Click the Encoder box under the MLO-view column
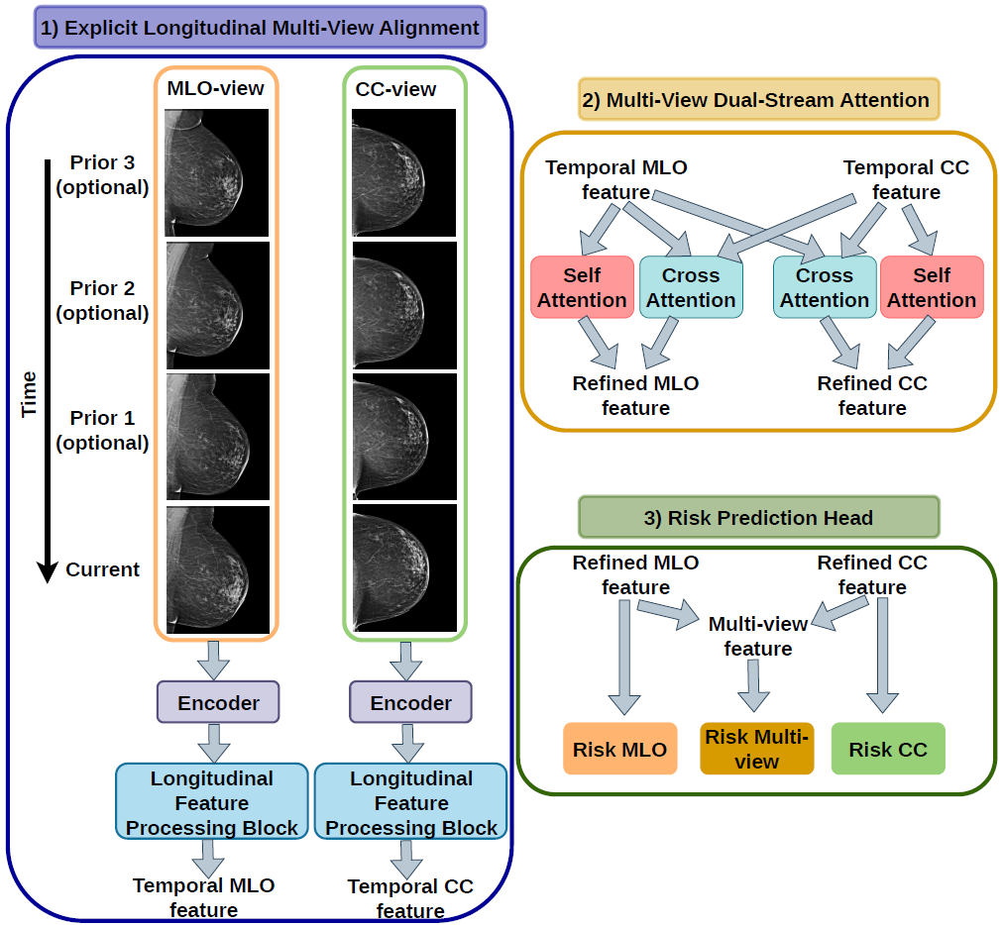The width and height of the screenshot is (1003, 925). pos(218,702)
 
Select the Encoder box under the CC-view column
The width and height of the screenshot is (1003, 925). pos(410,702)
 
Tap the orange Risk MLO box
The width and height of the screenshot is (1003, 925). pos(619,749)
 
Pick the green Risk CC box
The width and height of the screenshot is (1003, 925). pos(888,749)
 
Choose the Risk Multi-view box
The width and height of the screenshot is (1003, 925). pos(757,749)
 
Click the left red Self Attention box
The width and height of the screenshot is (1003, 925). pos(582,287)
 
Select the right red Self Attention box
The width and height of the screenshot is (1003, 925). pos(932,287)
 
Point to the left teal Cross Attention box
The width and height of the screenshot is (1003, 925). pos(691,287)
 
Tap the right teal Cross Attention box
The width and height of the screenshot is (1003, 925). pos(825,287)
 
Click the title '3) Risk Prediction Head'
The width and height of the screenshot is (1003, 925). pos(758,517)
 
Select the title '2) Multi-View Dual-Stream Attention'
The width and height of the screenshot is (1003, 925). pos(758,100)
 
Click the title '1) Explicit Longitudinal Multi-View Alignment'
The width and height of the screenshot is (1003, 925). pos(260,28)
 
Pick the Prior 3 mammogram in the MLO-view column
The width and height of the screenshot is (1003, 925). pos(216,172)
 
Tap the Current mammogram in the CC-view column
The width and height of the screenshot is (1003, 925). pos(405,568)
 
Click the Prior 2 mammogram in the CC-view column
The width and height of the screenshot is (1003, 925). pos(405,306)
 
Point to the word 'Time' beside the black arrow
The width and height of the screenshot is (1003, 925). pos(29,394)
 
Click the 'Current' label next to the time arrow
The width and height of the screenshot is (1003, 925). pos(102,568)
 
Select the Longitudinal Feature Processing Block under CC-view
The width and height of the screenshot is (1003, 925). pos(410,801)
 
